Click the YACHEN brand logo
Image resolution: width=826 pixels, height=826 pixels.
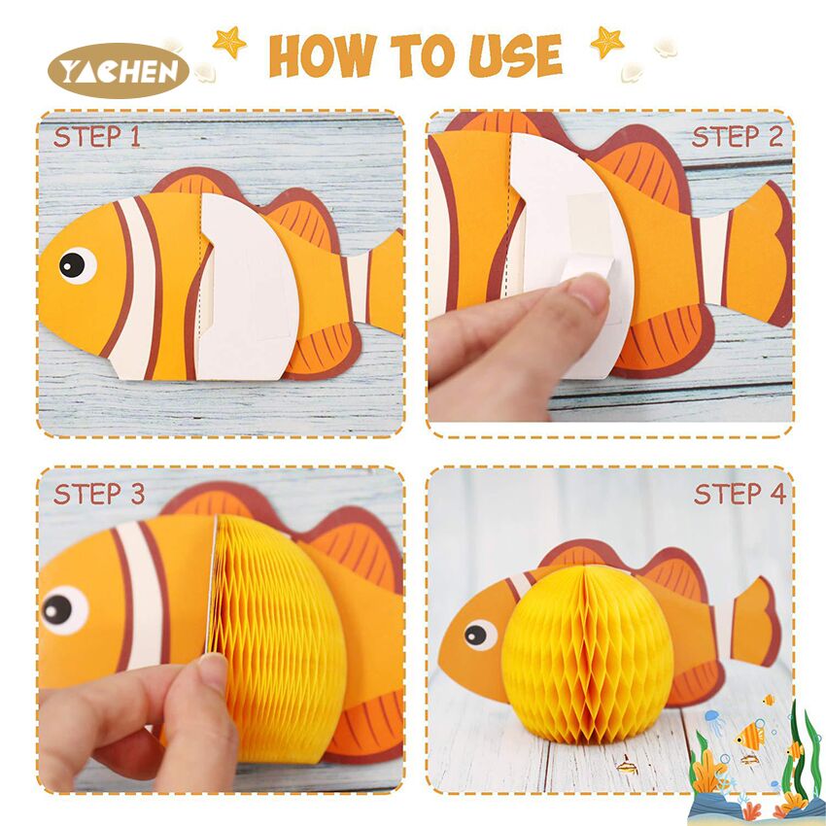[118, 71]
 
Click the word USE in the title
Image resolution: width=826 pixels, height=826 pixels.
[515, 54]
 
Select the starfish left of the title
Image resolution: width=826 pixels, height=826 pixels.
[229, 42]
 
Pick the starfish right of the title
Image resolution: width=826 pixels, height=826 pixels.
[607, 42]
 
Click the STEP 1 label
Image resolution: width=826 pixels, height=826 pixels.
[97, 137]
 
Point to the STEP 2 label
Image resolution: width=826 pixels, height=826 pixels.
[737, 137]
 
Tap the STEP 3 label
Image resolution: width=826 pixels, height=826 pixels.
[99, 494]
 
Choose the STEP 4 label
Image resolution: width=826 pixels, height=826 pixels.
[740, 494]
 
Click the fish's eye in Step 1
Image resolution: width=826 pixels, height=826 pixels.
[77, 265]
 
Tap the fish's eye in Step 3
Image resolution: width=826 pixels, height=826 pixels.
[63, 610]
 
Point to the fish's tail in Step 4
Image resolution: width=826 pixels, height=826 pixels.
[753, 622]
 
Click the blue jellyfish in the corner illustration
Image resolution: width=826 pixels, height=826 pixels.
[712, 718]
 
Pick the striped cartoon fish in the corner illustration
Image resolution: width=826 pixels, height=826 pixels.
[750, 736]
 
